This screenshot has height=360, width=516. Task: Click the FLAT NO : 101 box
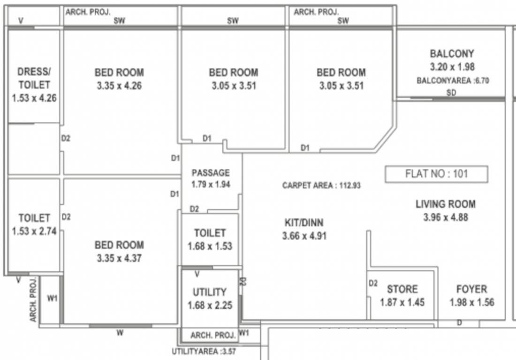click(x=436, y=174)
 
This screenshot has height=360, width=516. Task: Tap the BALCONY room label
click(x=452, y=53)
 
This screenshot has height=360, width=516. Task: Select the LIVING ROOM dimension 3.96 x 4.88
click(x=445, y=217)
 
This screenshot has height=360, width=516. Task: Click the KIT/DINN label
click(x=304, y=223)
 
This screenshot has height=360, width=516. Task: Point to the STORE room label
click(x=402, y=289)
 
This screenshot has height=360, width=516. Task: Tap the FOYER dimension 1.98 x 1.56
click(x=471, y=302)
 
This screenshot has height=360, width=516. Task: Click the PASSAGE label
click(x=211, y=172)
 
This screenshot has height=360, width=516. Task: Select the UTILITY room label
click(x=210, y=292)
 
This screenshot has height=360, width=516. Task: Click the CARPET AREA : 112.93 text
click(x=321, y=186)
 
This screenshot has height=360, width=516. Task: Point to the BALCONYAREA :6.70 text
click(x=453, y=81)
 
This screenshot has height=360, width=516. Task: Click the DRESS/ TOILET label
click(x=34, y=78)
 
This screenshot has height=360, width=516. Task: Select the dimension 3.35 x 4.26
click(x=119, y=86)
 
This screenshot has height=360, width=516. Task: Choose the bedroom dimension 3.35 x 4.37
click(x=119, y=258)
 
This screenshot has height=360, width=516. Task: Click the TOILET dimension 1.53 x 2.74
click(x=34, y=231)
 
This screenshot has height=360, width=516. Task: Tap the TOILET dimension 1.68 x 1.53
click(x=210, y=246)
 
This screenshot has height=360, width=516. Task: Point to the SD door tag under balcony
click(x=451, y=92)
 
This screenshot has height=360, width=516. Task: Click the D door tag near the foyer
click(x=459, y=322)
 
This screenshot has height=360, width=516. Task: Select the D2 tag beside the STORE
click(x=373, y=283)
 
